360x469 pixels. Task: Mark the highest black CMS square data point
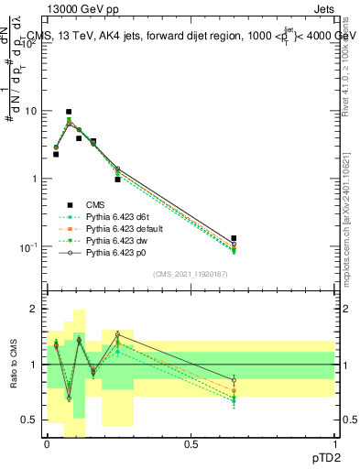pyautogui.click(x=69, y=112)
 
